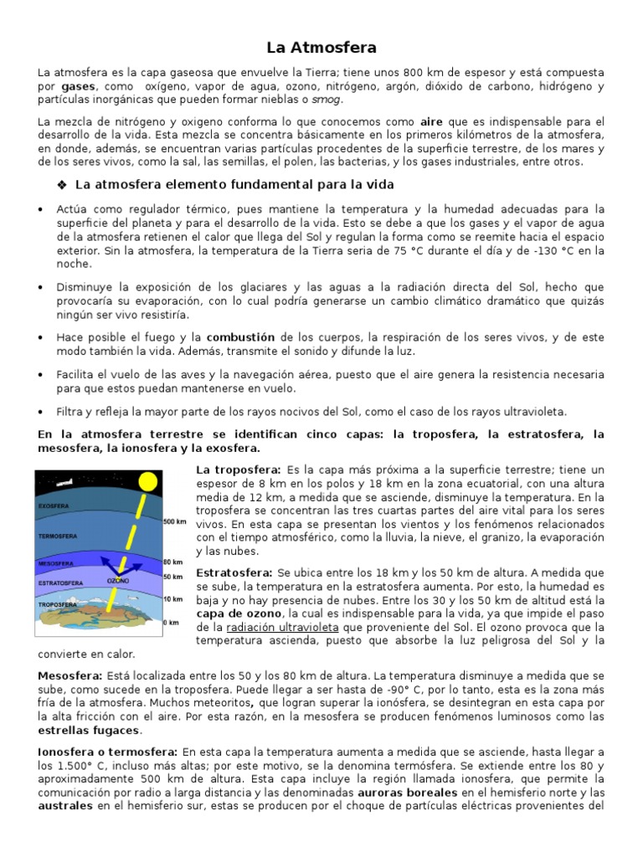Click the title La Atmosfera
[x=321, y=48]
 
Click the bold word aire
[x=431, y=121]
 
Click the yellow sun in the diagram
[x=147, y=482]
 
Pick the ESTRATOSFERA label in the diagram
[x=59, y=582]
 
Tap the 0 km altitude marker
[x=172, y=623]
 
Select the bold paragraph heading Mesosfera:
[x=70, y=675]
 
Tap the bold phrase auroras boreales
[x=408, y=792]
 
